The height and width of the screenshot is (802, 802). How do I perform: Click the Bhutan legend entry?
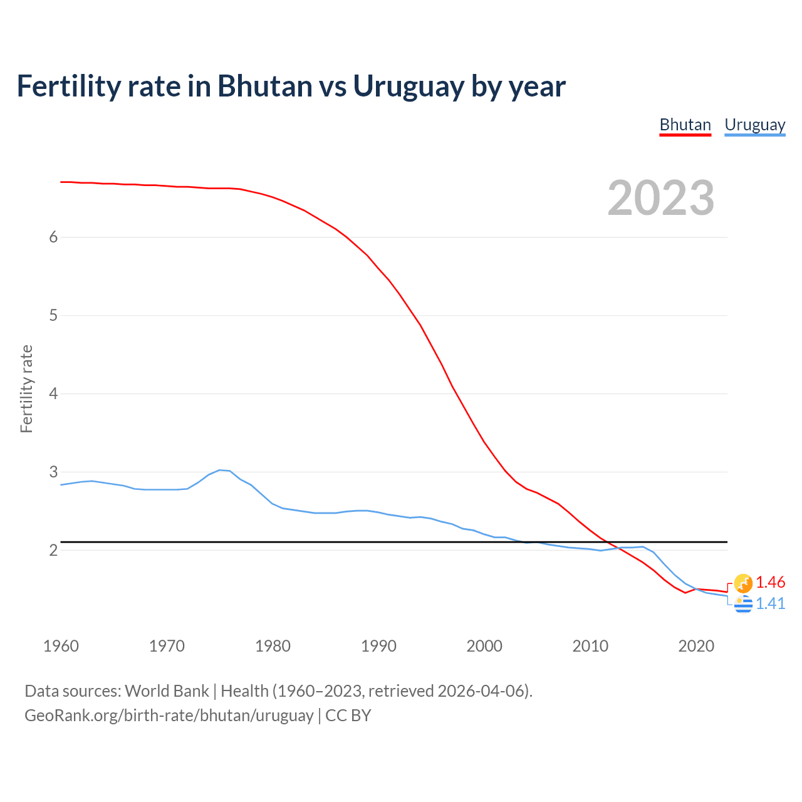click(685, 125)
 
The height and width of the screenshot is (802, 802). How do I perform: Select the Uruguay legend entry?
click(754, 125)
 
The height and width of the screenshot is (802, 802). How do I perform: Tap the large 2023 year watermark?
click(660, 198)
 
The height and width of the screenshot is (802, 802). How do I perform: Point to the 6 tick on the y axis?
click(53, 237)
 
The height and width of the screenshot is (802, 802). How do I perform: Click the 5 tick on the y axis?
click(53, 315)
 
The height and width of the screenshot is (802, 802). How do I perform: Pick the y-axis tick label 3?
click(53, 472)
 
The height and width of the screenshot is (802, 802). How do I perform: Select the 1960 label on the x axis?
click(61, 646)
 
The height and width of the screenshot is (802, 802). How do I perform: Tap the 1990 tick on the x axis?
click(378, 646)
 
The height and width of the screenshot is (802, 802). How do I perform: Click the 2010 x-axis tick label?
click(590, 646)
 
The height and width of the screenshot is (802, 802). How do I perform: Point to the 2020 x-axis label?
click(696, 646)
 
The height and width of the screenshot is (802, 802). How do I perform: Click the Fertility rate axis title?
click(26, 388)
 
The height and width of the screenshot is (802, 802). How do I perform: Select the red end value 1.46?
click(770, 582)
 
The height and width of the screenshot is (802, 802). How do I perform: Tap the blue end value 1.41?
click(770, 603)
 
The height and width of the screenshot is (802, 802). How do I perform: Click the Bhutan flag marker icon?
click(743, 583)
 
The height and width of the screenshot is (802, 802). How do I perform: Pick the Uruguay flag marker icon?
click(743, 604)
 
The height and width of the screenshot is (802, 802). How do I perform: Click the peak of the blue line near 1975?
click(220, 470)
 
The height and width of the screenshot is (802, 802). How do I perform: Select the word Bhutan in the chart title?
click(264, 86)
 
